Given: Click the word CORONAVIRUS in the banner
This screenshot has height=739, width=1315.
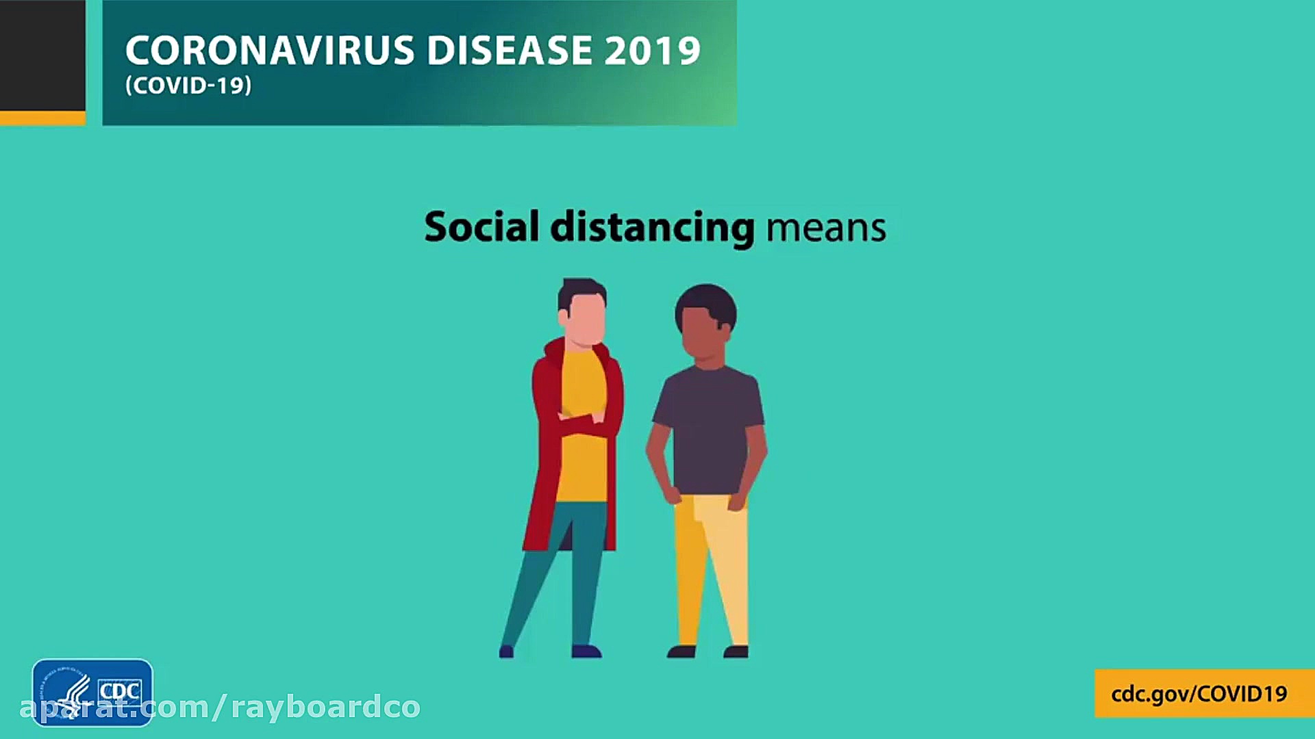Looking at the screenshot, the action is point(270,51).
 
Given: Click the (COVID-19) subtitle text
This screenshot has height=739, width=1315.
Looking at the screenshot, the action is point(188,86).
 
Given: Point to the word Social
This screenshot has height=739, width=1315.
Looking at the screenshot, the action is point(482,226).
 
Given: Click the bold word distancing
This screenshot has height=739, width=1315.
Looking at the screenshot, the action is point(653,228).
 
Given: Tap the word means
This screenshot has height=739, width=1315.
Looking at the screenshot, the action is point(826,229).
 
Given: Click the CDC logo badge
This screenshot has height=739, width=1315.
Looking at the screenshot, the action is point(92,692).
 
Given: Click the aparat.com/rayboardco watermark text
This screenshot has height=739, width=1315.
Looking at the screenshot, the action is point(220,708).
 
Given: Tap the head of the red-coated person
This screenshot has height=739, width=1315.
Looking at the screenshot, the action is point(582,311).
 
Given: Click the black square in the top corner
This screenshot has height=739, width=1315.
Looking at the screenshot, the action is point(42,55).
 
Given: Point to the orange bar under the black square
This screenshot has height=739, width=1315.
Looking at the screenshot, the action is point(42,118).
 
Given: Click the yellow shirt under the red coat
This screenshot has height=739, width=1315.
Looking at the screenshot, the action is point(583,424).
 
